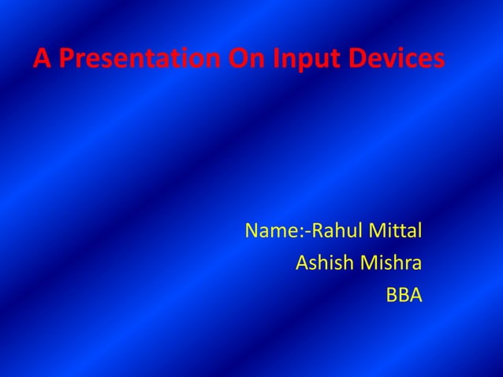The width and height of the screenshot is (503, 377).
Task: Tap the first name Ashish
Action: coord(324,263)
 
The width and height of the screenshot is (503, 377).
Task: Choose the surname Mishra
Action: coord(391,263)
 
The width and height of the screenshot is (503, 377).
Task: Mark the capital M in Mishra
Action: coord(369,263)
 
